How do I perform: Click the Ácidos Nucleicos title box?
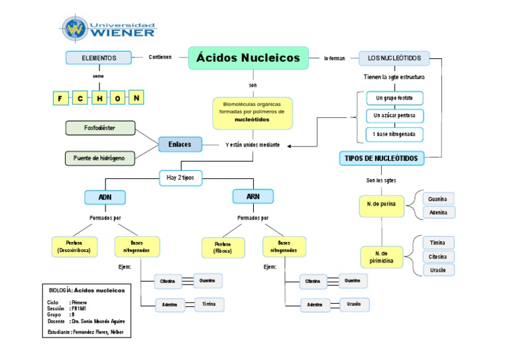[249, 58]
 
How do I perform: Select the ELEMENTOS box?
[99, 58]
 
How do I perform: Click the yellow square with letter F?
[60, 99]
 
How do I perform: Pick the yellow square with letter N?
[136, 98]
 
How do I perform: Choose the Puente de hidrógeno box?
[99, 158]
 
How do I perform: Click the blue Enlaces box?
[180, 144]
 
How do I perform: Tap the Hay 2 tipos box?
[180, 177]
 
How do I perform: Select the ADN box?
[105, 198]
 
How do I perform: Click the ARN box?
[253, 197]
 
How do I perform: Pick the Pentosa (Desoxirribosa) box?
[74, 247]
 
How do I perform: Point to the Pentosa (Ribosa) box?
[222, 248]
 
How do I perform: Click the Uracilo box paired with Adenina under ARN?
[353, 304]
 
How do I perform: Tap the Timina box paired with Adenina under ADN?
[205, 304]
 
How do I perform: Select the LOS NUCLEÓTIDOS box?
[394, 58]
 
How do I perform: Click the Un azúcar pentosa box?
[394, 116]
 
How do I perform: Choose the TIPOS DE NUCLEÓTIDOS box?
[382, 158]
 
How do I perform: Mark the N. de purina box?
[381, 205]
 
